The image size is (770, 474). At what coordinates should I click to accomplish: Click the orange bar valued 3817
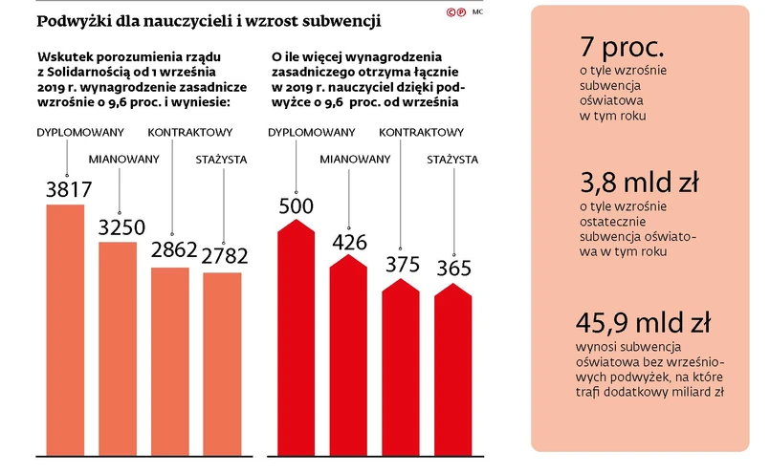(x=65, y=325)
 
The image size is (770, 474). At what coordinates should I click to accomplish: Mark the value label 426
(x=349, y=242)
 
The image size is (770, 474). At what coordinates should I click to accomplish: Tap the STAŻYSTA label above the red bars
(x=452, y=159)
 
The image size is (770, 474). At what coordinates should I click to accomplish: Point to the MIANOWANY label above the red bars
(x=354, y=159)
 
